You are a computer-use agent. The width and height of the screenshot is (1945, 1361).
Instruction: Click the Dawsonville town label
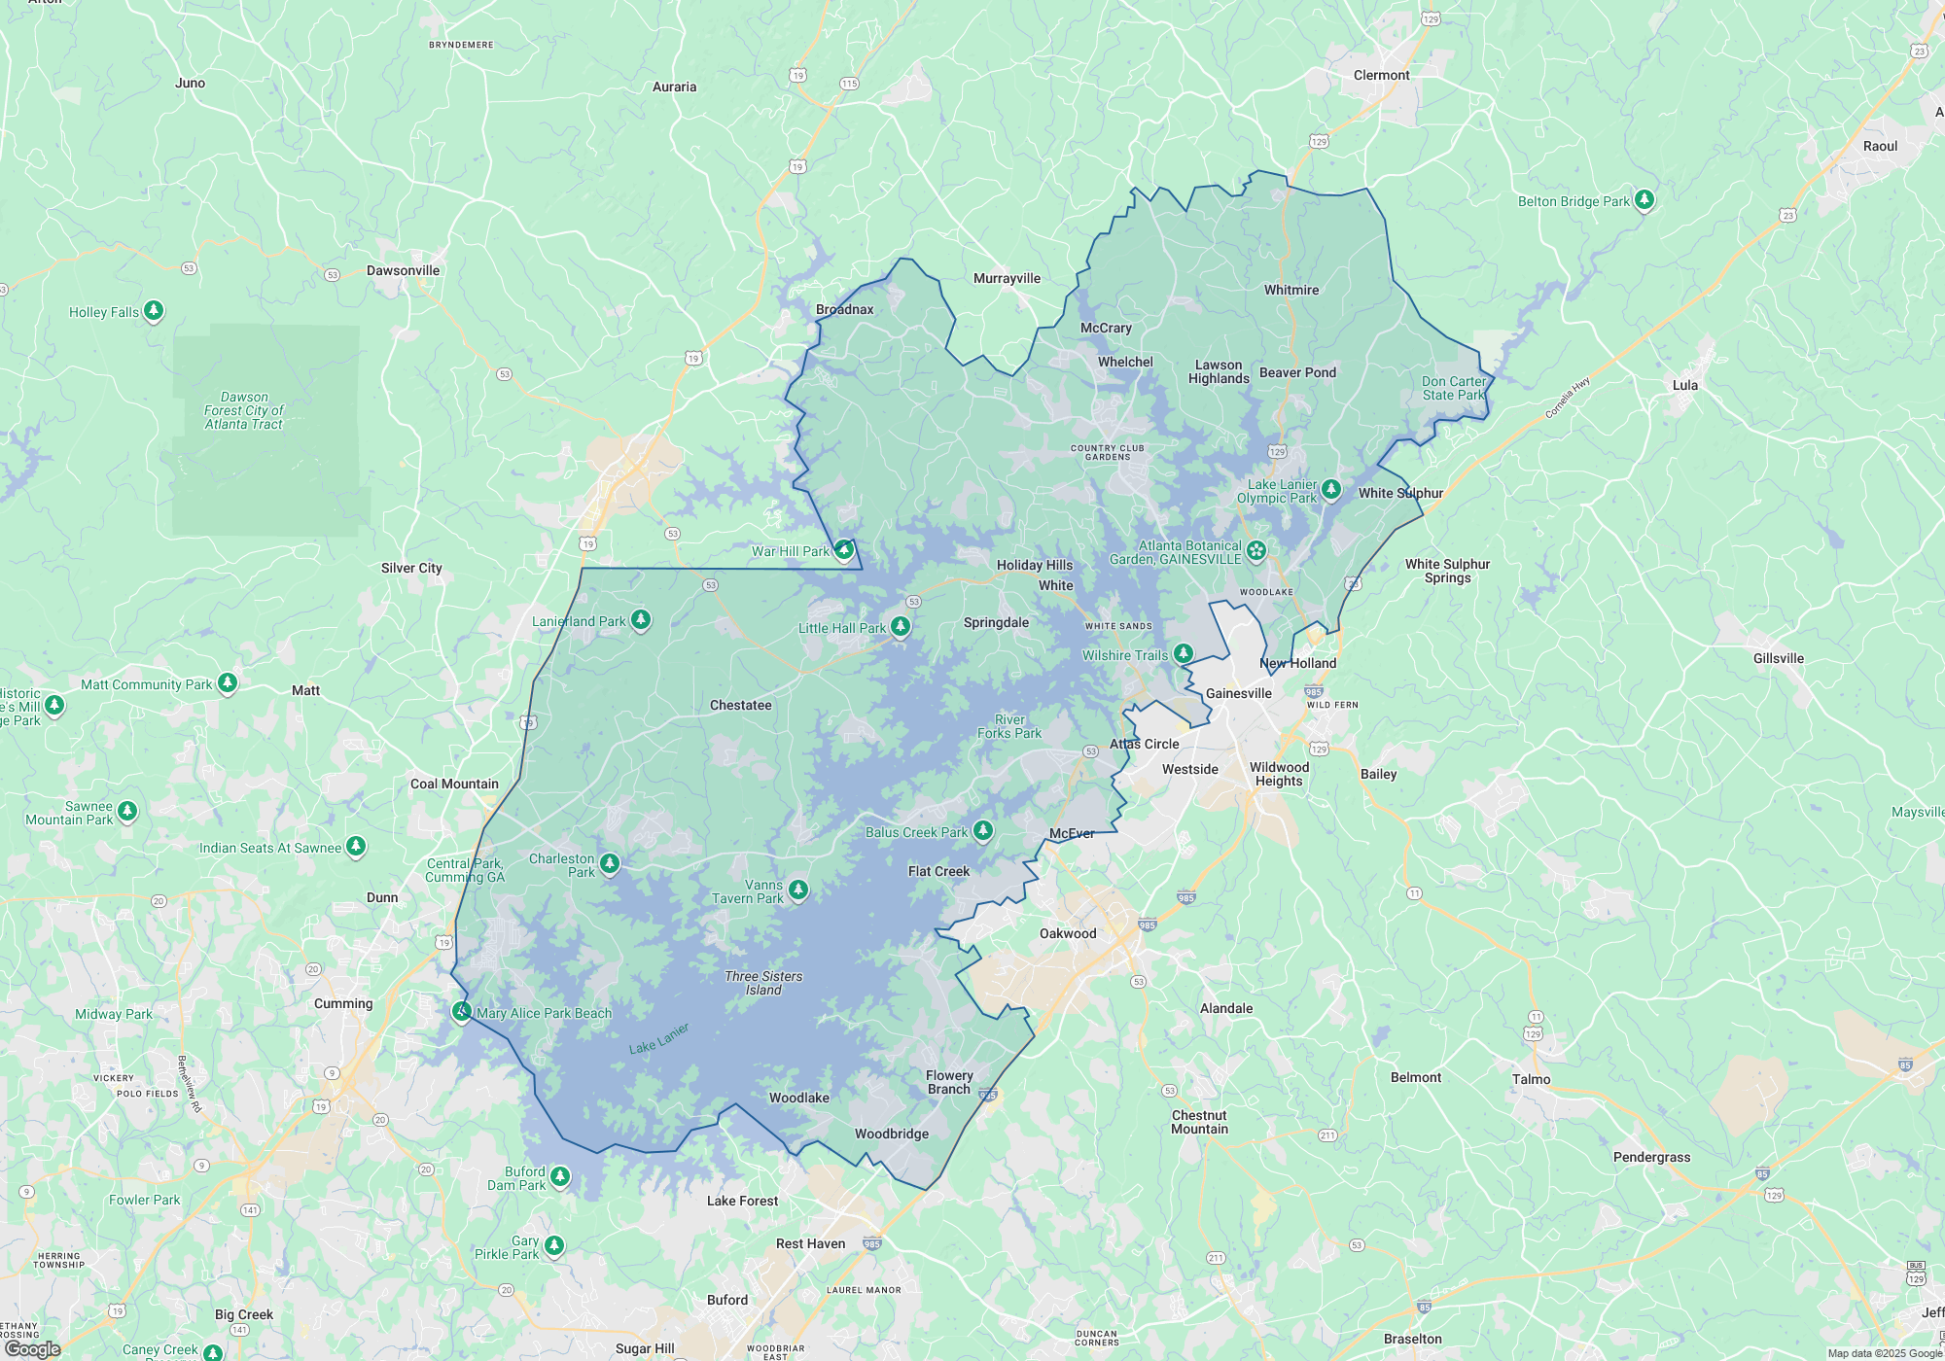[x=403, y=270]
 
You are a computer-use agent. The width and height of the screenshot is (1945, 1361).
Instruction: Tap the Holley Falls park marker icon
[x=154, y=311]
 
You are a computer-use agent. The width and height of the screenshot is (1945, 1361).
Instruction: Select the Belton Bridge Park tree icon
[x=1644, y=200]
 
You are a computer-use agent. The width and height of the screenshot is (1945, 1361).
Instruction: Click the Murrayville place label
[x=1007, y=278]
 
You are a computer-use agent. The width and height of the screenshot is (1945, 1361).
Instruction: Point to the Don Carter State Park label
[x=1453, y=388]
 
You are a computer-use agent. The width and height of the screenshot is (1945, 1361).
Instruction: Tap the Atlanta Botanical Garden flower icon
[x=1256, y=551]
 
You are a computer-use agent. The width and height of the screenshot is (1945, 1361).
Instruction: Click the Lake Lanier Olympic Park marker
[x=1331, y=489]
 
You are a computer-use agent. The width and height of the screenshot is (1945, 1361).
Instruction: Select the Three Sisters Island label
[x=763, y=983]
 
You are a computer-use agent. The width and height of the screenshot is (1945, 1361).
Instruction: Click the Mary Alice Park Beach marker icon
[x=462, y=1012]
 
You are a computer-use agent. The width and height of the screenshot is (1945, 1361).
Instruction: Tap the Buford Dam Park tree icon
[x=560, y=1177]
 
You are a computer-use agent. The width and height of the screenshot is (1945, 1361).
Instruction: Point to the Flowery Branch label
[x=949, y=1082]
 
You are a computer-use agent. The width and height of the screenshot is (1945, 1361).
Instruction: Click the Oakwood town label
[x=1068, y=933]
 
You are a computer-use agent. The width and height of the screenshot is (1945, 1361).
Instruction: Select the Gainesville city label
[x=1238, y=693]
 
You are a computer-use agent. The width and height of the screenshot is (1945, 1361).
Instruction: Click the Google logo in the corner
[x=33, y=1349]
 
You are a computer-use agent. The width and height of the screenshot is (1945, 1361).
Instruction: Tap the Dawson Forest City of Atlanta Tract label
[x=243, y=410]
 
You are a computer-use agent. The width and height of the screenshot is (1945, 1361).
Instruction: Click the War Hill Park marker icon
[x=844, y=550]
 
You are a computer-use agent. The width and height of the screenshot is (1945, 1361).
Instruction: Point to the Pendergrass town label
[x=1651, y=1157]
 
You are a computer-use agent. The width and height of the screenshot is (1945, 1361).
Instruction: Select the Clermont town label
[x=1381, y=75]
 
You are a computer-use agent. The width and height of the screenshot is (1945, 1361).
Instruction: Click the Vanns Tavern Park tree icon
[x=798, y=890]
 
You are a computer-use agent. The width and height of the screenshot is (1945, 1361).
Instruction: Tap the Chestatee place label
[x=740, y=705]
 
